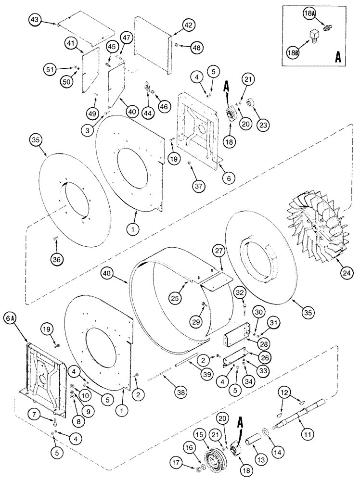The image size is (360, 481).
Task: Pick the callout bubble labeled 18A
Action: tap(308, 15)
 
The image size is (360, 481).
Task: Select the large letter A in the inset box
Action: tap(338, 56)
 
